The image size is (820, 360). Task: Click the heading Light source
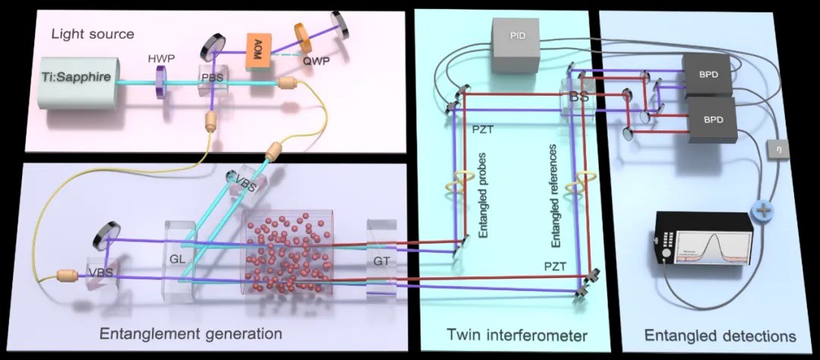pyautogui.click(x=93, y=34)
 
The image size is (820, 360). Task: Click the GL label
pyautogui.click(x=178, y=257)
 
